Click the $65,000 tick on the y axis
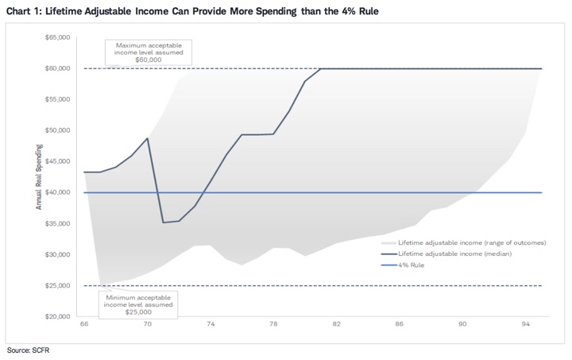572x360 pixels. (61, 37)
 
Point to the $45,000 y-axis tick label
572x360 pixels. (61, 161)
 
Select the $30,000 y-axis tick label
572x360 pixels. (61, 254)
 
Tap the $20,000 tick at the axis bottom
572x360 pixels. (61, 316)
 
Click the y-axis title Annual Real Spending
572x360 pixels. (37, 177)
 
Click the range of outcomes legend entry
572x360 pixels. (472, 242)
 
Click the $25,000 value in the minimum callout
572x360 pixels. (138, 311)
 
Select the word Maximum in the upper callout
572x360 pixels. (130, 45)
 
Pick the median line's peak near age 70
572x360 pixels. (148, 138)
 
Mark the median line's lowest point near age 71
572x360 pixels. (163, 223)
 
